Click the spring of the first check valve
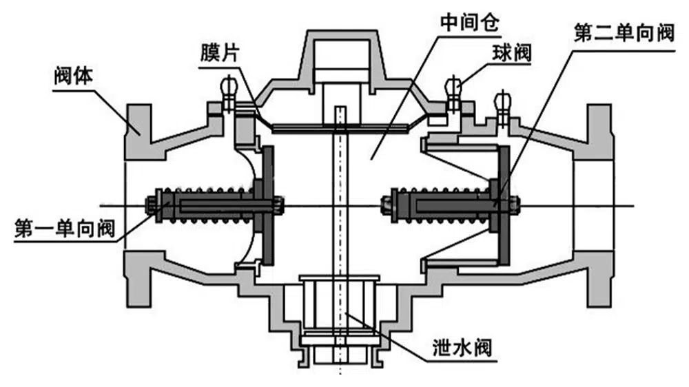[207, 203]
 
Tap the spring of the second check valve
[441, 203]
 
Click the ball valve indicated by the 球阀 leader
[453, 88]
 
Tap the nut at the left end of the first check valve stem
[150, 204]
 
